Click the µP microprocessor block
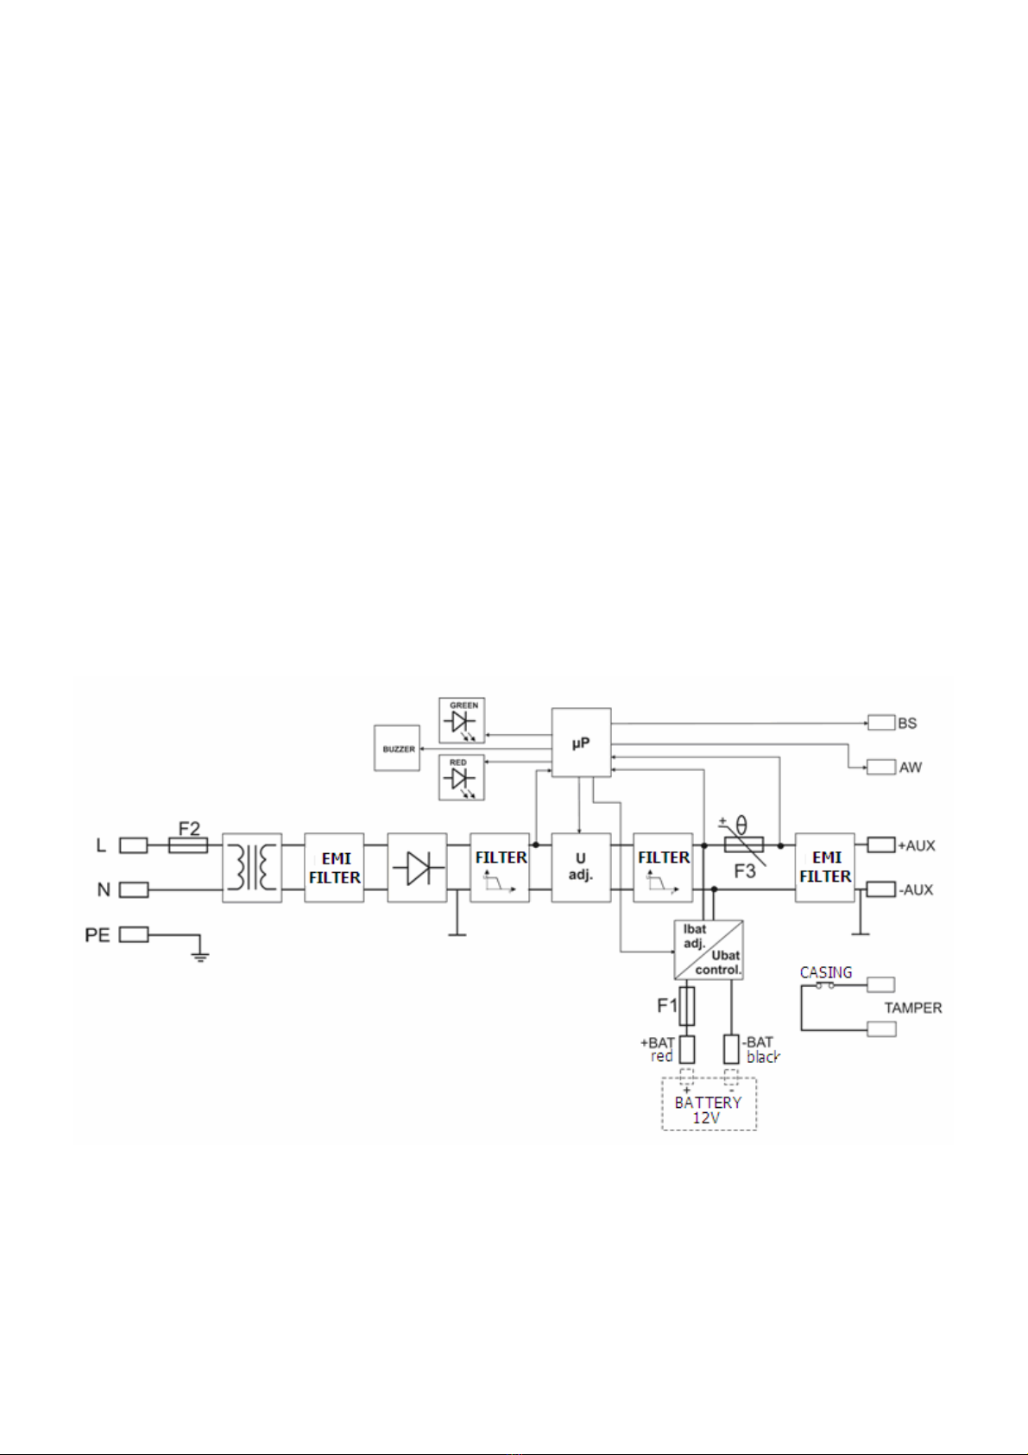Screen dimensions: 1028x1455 (x=581, y=742)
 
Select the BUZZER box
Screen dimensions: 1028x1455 (x=397, y=749)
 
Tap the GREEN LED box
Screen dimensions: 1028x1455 (x=462, y=720)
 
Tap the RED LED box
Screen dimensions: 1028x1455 (x=462, y=777)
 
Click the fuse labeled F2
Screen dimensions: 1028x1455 (x=187, y=845)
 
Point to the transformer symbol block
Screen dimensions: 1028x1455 (x=252, y=868)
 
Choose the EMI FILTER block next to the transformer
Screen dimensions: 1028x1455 (x=334, y=868)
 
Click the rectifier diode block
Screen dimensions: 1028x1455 (x=417, y=868)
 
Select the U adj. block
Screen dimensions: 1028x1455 (x=581, y=868)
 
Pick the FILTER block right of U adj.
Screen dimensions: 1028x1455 (x=663, y=868)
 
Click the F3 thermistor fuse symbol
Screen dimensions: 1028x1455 (x=743, y=845)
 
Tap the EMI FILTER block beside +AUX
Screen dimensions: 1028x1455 (x=825, y=868)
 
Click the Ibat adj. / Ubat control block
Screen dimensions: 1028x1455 (x=709, y=950)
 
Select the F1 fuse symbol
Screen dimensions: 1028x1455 (x=686, y=1005)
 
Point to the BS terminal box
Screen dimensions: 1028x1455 (x=881, y=722)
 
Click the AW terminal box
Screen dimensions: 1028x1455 (x=881, y=767)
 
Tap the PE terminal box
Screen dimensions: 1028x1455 (x=135, y=934)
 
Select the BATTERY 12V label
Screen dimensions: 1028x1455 (x=707, y=1110)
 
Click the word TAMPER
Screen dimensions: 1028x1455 (x=912, y=1008)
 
